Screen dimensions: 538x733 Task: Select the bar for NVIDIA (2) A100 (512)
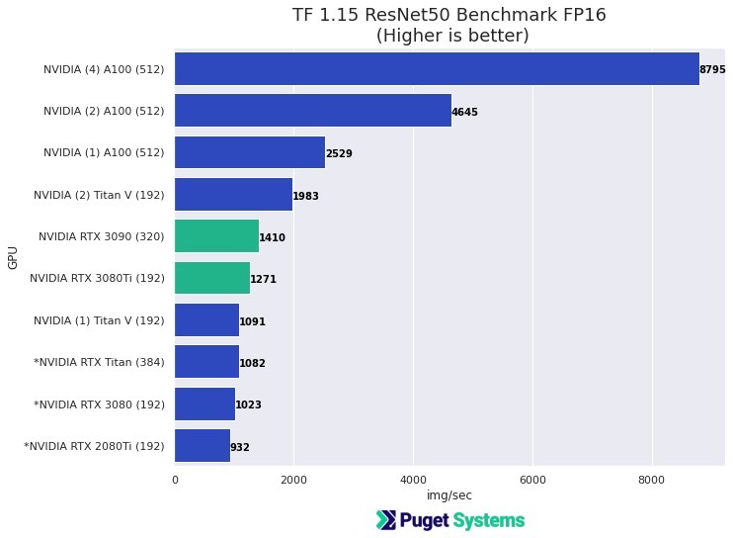pos(313,111)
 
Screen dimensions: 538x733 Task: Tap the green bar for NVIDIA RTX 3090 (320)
pos(216,237)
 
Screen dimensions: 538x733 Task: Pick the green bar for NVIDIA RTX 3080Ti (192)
pos(212,279)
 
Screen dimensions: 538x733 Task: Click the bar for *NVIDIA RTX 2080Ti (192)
pos(203,446)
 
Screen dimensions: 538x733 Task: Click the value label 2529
pos(339,154)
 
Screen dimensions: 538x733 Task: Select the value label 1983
pos(305,196)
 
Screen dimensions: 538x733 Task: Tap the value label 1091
pos(252,321)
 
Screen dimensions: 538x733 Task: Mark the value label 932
pos(240,447)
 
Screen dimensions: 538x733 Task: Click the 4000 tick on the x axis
pos(413,480)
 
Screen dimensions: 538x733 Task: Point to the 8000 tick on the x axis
pos(652,480)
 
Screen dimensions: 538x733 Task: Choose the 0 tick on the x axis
pos(175,480)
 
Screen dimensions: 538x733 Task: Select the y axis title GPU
pos(13,258)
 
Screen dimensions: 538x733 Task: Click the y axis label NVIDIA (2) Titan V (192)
pos(99,196)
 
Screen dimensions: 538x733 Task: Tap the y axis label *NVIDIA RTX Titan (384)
pos(99,363)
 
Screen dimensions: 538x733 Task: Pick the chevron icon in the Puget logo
pos(386,520)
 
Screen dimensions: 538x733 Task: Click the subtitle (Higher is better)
pos(451,36)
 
